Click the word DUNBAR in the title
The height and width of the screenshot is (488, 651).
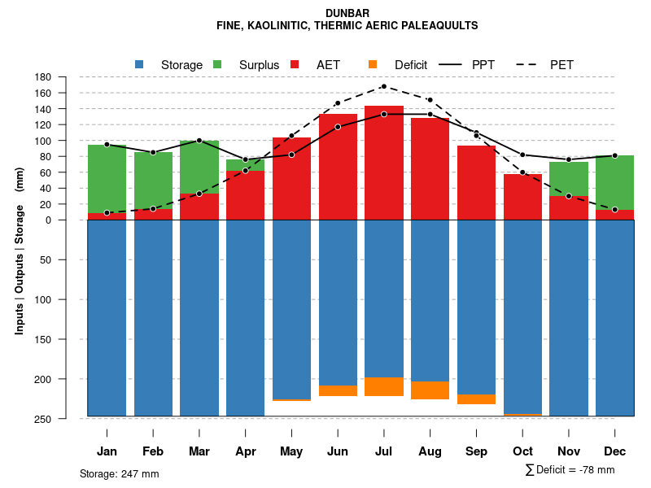point(347,13)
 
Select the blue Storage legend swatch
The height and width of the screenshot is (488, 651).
point(139,64)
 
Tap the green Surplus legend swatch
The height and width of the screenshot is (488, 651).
point(217,64)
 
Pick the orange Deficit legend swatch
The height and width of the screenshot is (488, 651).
point(373,64)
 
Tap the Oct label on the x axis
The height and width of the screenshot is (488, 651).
point(522,451)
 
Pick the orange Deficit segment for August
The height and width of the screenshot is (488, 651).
point(430,390)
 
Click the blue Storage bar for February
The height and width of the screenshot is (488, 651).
point(153,317)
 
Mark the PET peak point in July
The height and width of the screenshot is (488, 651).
point(383,86)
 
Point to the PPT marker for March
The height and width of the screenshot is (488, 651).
point(199,141)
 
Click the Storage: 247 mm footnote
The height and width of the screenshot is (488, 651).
point(119,473)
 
